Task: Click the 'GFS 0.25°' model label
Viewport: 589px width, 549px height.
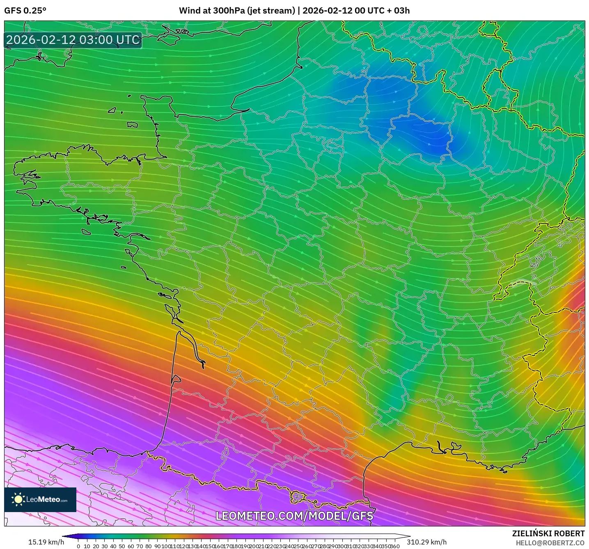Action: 25,11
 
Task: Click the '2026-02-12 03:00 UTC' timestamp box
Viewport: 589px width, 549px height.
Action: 73,40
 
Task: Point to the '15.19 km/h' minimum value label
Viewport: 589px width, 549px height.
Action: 46,542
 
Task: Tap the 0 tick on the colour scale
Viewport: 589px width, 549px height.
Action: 78,546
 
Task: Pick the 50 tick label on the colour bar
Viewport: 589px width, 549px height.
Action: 122,546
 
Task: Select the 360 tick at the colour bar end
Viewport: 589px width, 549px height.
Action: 394,546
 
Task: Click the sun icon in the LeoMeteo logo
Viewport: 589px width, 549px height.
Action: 18,499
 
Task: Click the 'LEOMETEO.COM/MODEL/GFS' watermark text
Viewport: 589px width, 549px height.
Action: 294,516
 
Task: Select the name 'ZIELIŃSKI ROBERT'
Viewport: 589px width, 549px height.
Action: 548,533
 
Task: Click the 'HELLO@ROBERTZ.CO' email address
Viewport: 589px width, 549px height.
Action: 550,543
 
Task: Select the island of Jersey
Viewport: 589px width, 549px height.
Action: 132,124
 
